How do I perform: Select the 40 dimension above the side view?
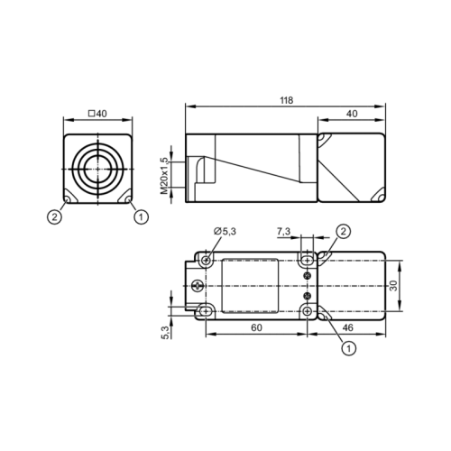click(x=352, y=114)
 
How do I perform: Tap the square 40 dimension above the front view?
click(x=97, y=114)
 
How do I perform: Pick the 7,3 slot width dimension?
click(x=283, y=233)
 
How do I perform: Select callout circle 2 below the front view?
click(x=56, y=215)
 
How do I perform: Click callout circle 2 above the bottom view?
click(x=343, y=231)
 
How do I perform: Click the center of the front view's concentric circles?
click(x=97, y=168)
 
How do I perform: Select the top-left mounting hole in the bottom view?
click(x=207, y=260)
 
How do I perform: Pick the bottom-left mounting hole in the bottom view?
click(x=207, y=310)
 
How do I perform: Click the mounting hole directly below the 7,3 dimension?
click(x=308, y=260)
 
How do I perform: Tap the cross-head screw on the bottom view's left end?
click(x=198, y=285)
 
